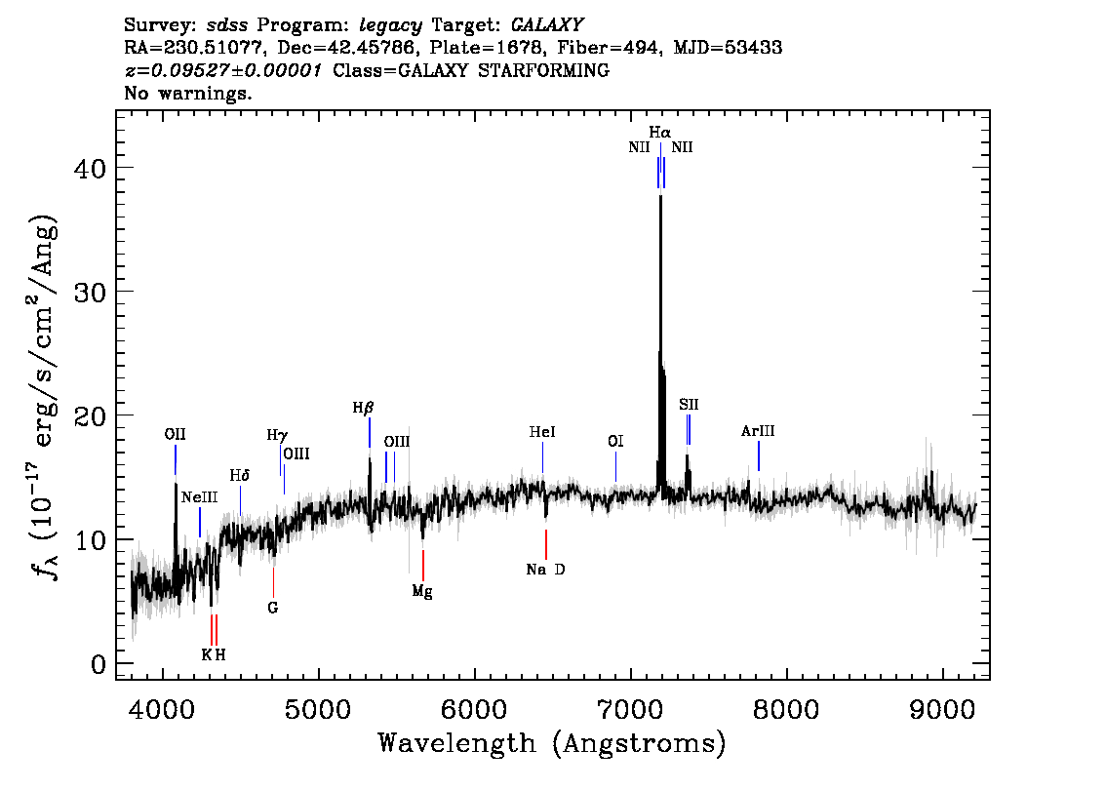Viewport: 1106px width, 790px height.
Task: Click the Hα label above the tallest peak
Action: coord(660,132)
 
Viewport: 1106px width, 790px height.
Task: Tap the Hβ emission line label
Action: coord(363,408)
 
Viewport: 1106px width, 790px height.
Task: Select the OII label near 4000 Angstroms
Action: coord(175,434)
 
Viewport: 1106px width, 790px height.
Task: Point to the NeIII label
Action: coord(199,497)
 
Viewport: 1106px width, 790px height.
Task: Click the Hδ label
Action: coord(240,476)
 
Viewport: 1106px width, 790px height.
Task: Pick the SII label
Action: coord(689,405)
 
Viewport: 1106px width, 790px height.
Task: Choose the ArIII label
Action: coord(758,431)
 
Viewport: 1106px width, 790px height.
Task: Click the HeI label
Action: coord(542,432)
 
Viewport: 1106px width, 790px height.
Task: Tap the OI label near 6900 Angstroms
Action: coord(615,442)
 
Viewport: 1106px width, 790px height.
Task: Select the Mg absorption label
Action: coord(421,591)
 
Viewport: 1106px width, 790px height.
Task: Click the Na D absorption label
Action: coord(545,570)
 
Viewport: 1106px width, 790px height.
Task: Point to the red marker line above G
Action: coord(273,582)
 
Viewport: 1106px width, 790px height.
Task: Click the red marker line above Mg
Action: coord(422,565)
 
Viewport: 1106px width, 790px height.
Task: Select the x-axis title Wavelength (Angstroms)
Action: coord(552,743)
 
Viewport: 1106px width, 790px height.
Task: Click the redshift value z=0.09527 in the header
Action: coord(222,71)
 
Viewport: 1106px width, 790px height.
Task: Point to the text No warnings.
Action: coord(188,94)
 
